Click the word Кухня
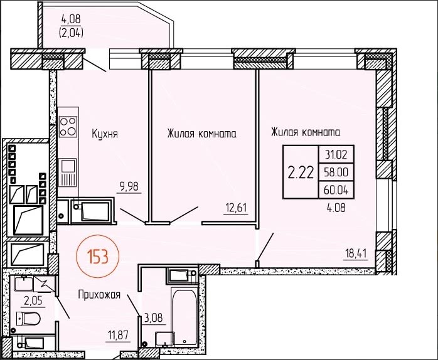105,134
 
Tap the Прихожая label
99,295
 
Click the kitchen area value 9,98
129,186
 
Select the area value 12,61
236,208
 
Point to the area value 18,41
356,254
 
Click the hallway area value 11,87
119,335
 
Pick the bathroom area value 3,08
153,318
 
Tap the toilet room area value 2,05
33,301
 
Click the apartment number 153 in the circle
98,257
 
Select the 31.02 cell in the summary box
336,155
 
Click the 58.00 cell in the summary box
336,172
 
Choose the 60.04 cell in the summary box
336,190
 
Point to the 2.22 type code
301,172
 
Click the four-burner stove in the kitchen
68,127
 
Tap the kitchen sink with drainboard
67,172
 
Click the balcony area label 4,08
71,19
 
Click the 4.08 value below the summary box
336,208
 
